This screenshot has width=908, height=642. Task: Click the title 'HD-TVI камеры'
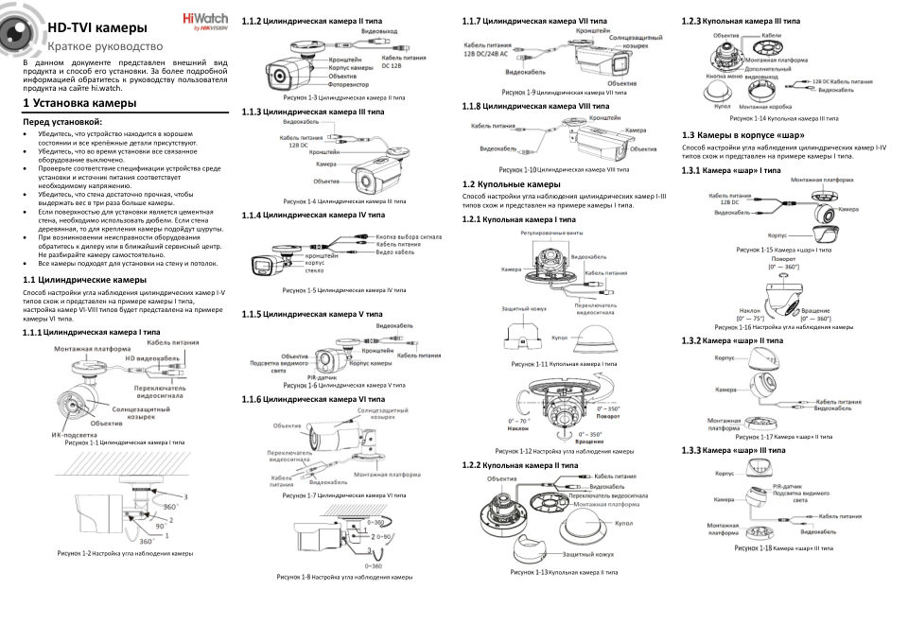click(x=96, y=28)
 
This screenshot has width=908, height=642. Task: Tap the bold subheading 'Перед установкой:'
click(x=61, y=122)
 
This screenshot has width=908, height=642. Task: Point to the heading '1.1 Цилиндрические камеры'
click(x=84, y=280)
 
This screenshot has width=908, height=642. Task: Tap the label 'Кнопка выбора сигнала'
click(x=410, y=237)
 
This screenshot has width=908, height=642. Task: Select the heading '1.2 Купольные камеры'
click(x=511, y=183)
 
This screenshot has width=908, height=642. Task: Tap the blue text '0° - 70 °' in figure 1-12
click(x=520, y=420)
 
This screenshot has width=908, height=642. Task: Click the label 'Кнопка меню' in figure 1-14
click(x=724, y=75)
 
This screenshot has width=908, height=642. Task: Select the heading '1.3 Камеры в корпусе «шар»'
click(x=743, y=136)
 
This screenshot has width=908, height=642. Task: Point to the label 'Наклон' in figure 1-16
click(x=749, y=310)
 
